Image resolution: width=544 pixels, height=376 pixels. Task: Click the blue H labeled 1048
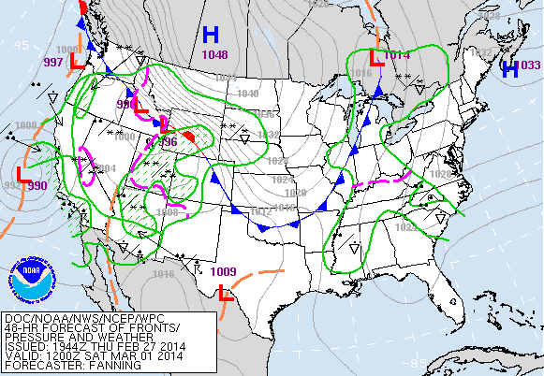211,36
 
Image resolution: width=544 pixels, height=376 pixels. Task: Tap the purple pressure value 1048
213,55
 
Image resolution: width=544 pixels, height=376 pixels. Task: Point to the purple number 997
54,62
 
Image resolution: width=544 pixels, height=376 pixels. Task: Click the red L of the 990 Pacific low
24,173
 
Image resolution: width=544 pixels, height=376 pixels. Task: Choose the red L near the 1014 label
375,57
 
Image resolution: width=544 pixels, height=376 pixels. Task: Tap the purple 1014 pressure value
398,55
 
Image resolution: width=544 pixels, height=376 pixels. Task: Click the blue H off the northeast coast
510,68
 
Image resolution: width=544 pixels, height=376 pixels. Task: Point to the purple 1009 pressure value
224,272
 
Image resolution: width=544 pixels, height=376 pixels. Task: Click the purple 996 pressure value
168,142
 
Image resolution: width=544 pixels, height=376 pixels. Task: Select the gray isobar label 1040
248,94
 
